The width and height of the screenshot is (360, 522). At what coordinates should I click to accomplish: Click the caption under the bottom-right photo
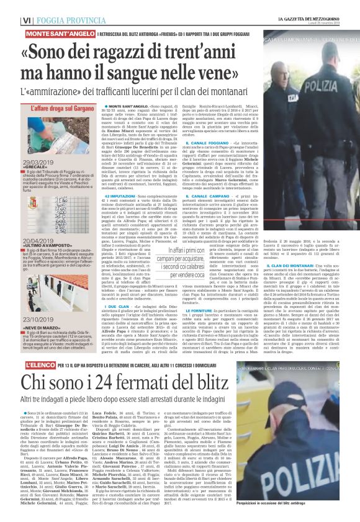pos(295,501)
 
